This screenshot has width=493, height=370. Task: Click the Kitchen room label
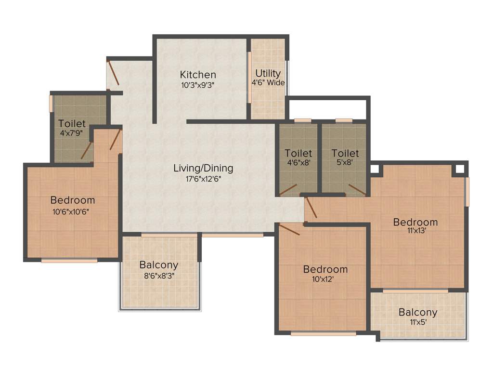click(x=198, y=75)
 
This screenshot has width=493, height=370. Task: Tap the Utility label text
click(x=268, y=73)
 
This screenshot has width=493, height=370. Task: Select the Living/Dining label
click(x=203, y=168)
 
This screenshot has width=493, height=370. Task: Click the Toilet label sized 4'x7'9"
click(x=72, y=123)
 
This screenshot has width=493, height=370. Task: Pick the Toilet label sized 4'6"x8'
click(x=298, y=153)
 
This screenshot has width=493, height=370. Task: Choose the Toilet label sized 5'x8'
click(x=345, y=153)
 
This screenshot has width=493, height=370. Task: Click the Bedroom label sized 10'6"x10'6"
click(x=73, y=200)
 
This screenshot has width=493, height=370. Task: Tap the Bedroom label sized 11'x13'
click(x=415, y=222)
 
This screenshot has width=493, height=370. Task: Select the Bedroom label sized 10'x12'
click(x=325, y=269)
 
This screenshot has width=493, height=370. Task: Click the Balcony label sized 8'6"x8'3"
click(x=159, y=265)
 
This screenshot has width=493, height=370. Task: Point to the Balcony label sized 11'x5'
click(x=418, y=312)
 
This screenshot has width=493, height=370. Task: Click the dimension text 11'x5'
click(x=418, y=322)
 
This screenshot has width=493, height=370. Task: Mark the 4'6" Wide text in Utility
click(x=268, y=82)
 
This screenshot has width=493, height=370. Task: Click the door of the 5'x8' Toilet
click(x=357, y=189)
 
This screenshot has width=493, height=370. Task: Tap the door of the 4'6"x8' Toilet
click(x=288, y=189)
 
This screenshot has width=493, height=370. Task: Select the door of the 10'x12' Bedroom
click(x=289, y=229)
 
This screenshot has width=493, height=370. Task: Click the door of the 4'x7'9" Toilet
click(x=87, y=150)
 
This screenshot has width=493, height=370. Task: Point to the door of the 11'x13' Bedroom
click(x=311, y=207)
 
